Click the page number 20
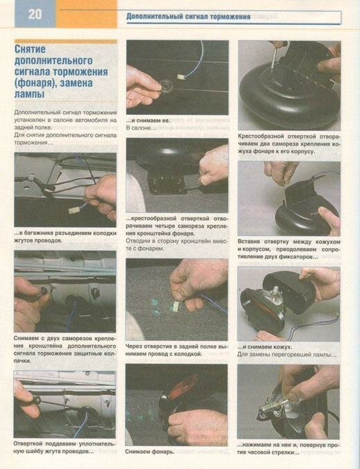[35, 14]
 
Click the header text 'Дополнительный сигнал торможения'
[188, 17]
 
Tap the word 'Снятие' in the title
[30, 49]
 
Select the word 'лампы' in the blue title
[29, 94]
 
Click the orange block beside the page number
[86, 14]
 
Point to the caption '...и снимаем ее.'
[147, 121]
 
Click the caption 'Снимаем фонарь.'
[150, 452]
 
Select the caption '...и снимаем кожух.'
[264, 347]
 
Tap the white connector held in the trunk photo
[73, 211]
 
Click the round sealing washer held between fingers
[166, 85]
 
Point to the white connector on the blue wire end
[180, 77]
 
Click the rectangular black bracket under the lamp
[165, 185]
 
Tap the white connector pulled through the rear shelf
[177, 306]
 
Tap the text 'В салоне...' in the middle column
[141, 128]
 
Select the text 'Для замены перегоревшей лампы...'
[287, 355]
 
